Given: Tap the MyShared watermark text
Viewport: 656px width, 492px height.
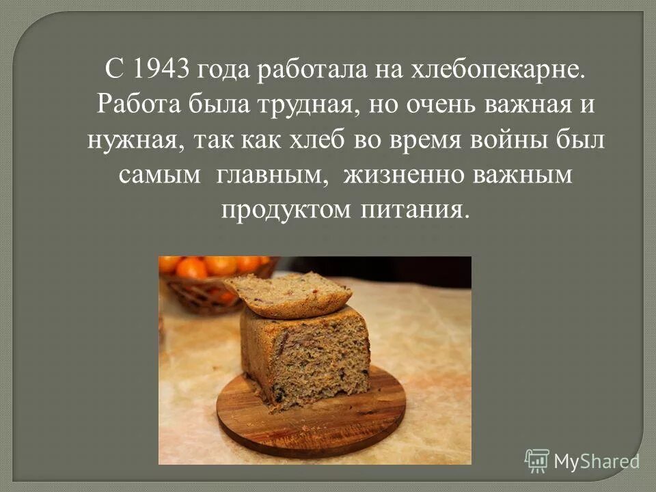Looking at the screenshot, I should click(597, 461).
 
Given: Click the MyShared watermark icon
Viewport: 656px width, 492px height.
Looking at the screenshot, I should click(537, 461).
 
